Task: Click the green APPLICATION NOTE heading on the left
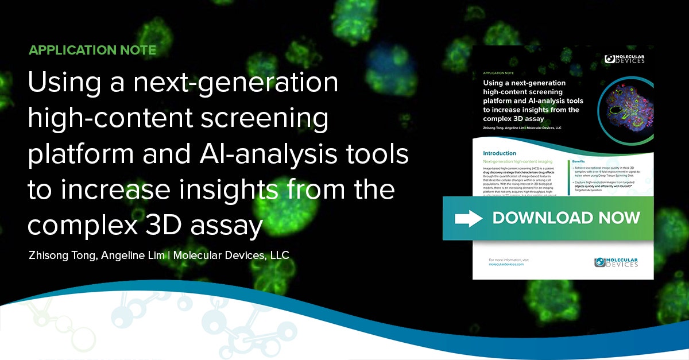[92, 50]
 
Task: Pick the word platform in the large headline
[74, 156]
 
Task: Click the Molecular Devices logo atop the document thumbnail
[625, 59]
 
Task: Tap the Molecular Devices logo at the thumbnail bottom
[616, 262]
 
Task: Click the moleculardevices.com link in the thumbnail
[506, 265]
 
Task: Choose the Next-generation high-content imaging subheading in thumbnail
[520, 162]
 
